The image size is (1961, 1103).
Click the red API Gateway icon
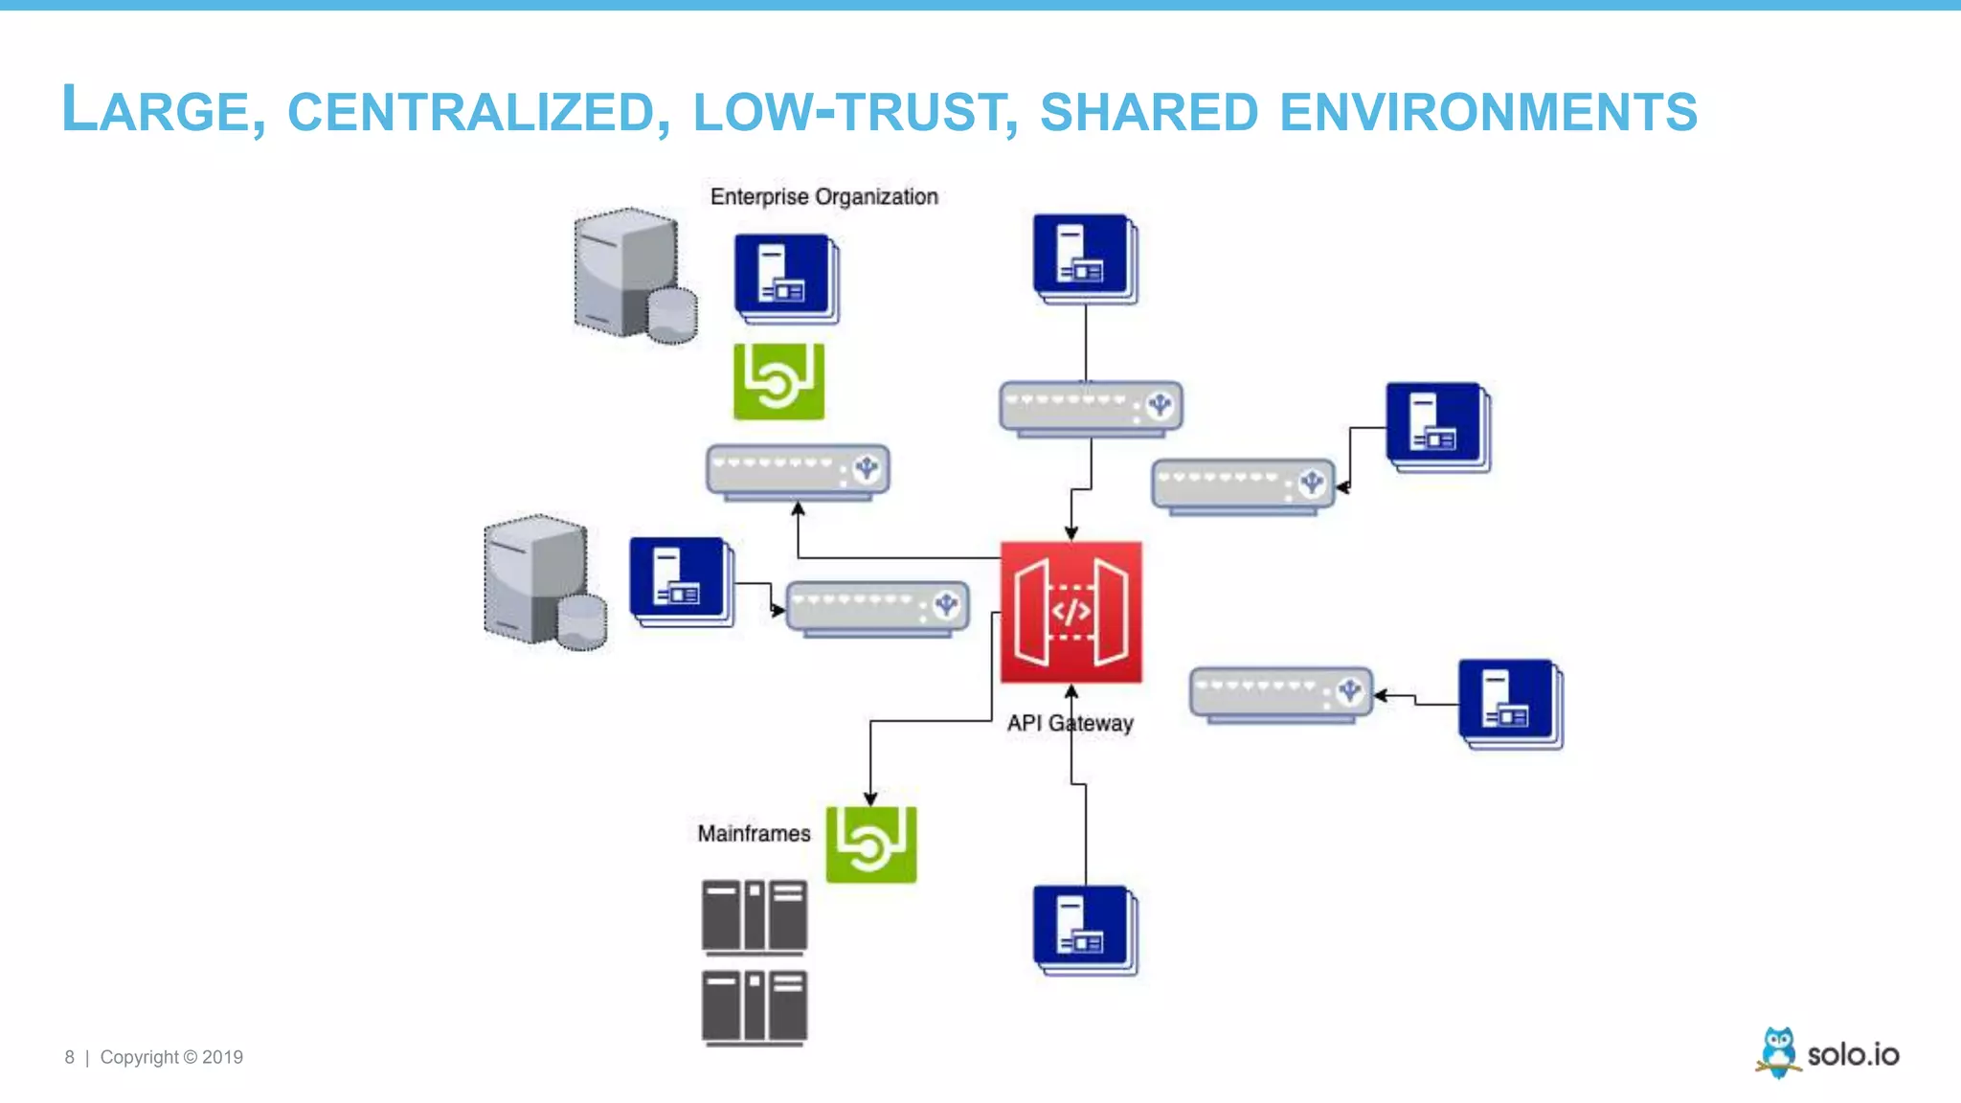[x=1071, y=612]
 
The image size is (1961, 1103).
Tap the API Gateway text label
[x=1070, y=723]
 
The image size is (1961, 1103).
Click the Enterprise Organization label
[x=823, y=196]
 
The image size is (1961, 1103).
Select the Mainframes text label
[x=754, y=833]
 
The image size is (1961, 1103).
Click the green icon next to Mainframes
[x=870, y=844]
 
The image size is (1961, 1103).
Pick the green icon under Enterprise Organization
[x=778, y=381]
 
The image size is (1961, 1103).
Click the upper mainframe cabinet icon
[x=755, y=916]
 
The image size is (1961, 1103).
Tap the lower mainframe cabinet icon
[x=755, y=1006]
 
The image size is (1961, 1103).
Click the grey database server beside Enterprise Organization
[x=635, y=275]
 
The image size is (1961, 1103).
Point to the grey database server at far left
[x=544, y=582]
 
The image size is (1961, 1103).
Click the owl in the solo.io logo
[x=1778, y=1052]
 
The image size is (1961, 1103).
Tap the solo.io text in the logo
[x=1853, y=1055]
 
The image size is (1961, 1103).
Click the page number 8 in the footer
[x=69, y=1057]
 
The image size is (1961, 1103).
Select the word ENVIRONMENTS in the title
[x=1488, y=112]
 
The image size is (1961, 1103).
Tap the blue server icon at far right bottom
[x=1509, y=704]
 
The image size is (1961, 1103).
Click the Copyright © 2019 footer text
[x=171, y=1057]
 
